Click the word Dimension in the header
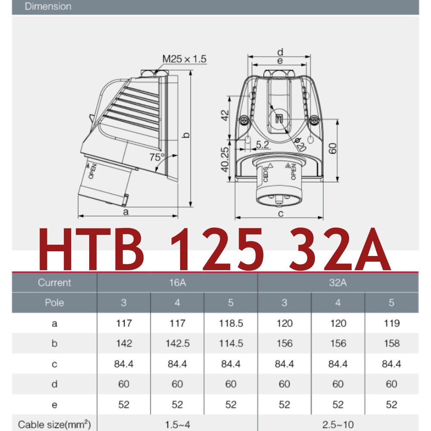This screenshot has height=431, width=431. [x=48, y=7]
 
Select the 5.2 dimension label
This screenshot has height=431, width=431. [x=262, y=145]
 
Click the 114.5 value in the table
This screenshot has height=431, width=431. [x=231, y=344]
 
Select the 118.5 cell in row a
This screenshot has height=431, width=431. [x=231, y=323]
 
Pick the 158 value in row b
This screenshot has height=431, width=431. [x=391, y=344]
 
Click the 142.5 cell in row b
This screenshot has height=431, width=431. [x=177, y=344]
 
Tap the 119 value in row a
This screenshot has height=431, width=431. [x=391, y=323]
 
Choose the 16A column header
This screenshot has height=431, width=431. [x=177, y=283]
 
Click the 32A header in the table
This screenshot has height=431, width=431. [x=338, y=283]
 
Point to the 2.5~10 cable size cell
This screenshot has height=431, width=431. [x=338, y=425]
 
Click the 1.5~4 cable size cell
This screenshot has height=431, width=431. [x=177, y=425]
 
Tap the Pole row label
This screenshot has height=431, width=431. [x=54, y=303]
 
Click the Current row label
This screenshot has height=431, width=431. [x=54, y=283]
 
